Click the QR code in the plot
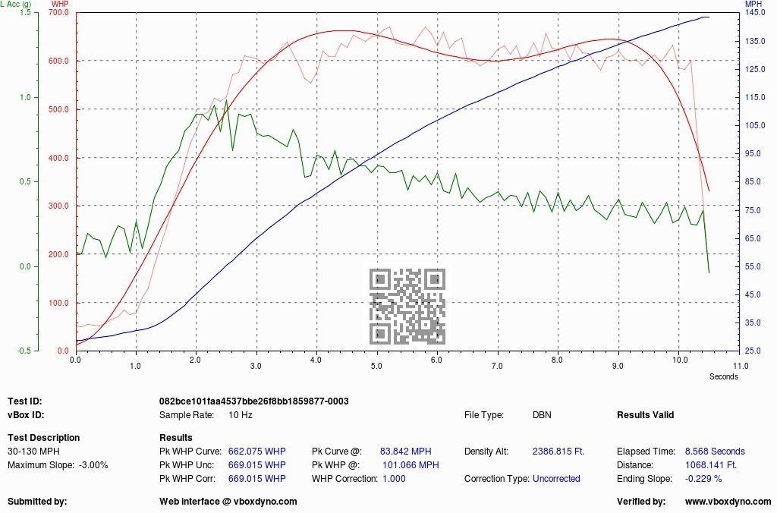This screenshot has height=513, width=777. (x=407, y=306)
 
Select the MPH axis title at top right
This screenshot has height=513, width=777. (x=753, y=5)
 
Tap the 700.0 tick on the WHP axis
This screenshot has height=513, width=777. (x=58, y=13)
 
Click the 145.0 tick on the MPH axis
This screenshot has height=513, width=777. (x=755, y=13)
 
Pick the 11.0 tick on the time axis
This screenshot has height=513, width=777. (x=741, y=365)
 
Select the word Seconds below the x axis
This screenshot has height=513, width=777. (x=723, y=376)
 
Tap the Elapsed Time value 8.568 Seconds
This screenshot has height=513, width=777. (x=715, y=451)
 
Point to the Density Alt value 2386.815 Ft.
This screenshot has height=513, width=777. (x=558, y=451)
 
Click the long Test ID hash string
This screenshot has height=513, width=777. (x=253, y=401)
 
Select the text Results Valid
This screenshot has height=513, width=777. (x=645, y=415)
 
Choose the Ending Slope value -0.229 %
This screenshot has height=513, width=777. (x=703, y=479)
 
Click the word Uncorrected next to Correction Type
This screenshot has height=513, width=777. (x=556, y=479)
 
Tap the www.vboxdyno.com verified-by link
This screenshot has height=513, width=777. (x=728, y=502)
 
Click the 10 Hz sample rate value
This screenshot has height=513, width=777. (x=241, y=415)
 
